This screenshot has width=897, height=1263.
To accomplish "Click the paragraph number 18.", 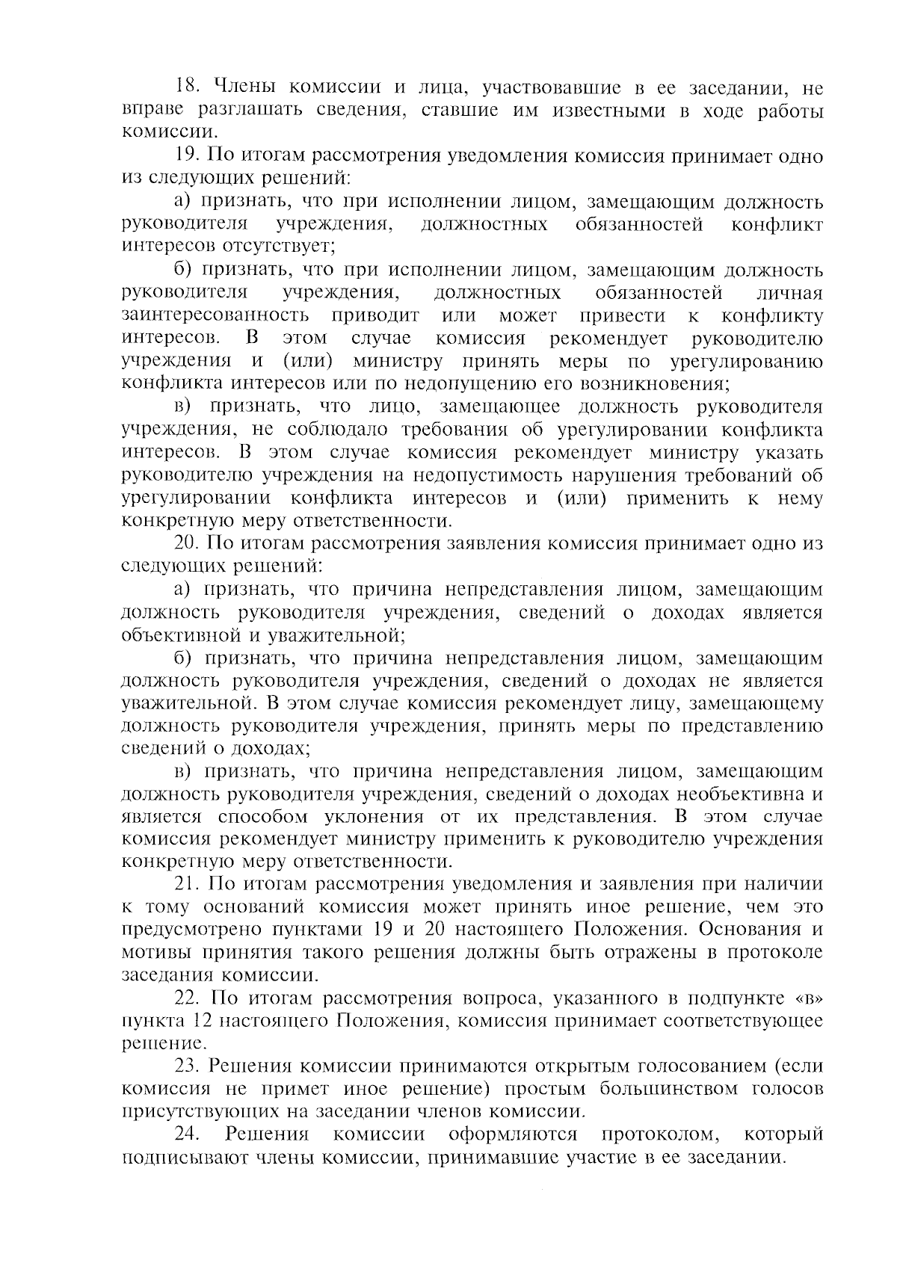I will click(x=185, y=88).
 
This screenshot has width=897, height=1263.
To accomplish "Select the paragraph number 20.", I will click(x=185, y=543).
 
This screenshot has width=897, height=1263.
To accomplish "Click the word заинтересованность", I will click(x=215, y=315).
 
